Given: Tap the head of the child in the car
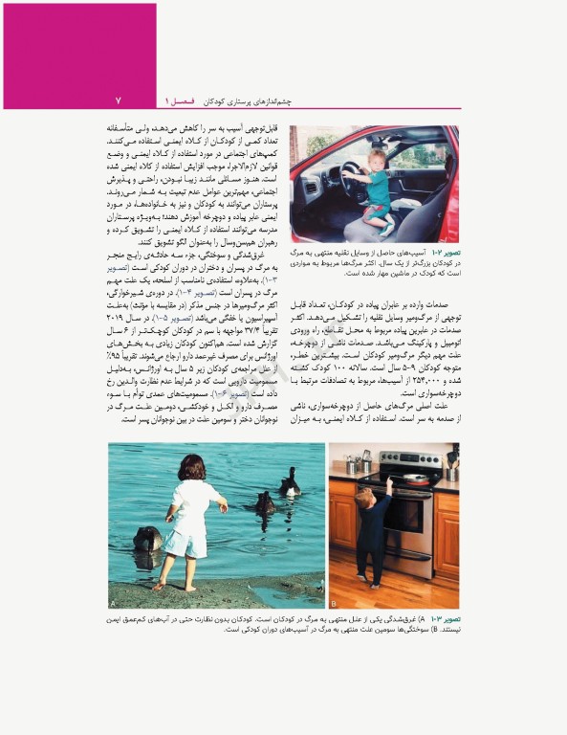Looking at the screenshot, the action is [x=377, y=160].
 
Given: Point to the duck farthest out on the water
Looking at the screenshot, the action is [x=290, y=483].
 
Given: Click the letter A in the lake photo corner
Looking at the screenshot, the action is [x=114, y=604].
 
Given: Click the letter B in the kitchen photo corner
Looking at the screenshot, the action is [x=335, y=604].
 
